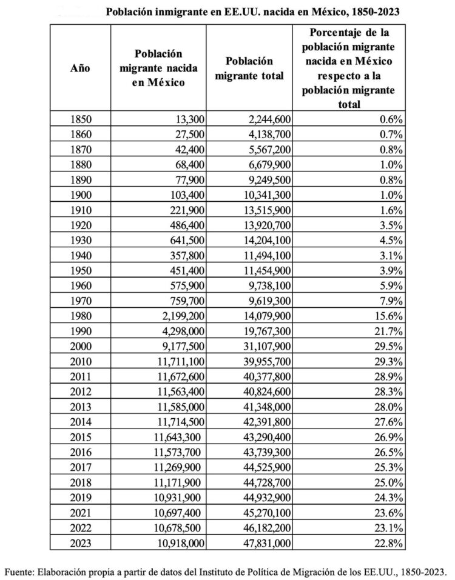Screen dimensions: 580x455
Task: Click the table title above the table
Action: tap(252, 12)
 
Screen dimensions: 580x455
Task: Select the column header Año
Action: tap(80, 68)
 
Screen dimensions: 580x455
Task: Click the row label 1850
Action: tap(80, 119)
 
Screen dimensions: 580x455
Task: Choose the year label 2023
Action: tap(80, 542)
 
